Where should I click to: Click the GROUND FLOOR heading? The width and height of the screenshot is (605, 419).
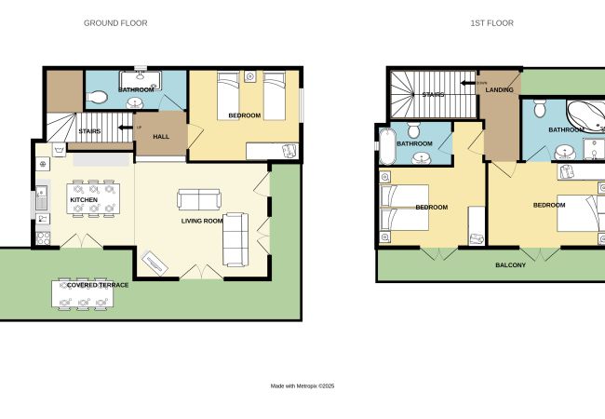pyautogui.click(x=115, y=23)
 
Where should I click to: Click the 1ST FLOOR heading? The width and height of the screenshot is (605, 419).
pyautogui.click(x=492, y=23)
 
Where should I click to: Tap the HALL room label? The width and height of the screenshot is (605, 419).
pyautogui.click(x=161, y=137)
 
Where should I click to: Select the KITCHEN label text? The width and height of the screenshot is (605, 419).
pyautogui.click(x=84, y=200)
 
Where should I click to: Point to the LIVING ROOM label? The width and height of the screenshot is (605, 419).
pyautogui.click(x=202, y=221)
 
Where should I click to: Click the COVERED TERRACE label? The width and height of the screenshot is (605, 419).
pyautogui.click(x=98, y=285)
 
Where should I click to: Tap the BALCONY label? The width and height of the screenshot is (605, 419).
pyautogui.click(x=510, y=265)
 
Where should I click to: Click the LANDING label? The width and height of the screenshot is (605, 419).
pyautogui.click(x=499, y=90)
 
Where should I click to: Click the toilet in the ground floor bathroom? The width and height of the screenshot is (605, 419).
pyautogui.click(x=97, y=97)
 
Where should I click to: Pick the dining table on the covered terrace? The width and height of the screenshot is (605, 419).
pyautogui.click(x=83, y=293)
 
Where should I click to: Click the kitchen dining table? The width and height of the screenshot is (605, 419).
pyautogui.click(x=93, y=198)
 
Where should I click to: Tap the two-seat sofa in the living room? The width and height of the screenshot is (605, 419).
pyautogui.click(x=199, y=199)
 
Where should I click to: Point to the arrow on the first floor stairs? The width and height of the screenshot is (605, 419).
pyautogui.click(x=468, y=83)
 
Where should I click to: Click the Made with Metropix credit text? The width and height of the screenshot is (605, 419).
pyautogui.click(x=302, y=385)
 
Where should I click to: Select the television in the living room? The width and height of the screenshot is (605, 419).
pyautogui.click(x=155, y=263)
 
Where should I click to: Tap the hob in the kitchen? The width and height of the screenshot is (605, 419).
pyautogui.click(x=43, y=238)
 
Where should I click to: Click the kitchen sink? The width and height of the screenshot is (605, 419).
pyautogui.click(x=42, y=197)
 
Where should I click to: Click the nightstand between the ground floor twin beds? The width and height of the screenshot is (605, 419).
pyautogui.click(x=250, y=76)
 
